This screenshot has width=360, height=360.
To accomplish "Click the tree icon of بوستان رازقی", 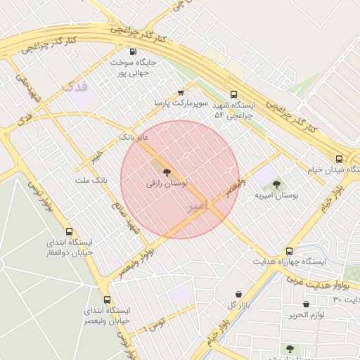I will click(167, 172).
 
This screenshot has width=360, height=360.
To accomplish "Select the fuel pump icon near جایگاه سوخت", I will click(133, 51).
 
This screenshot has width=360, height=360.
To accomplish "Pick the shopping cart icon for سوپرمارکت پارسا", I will click(181, 92).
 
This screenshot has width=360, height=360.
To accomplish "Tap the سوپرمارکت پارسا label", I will click(182, 103).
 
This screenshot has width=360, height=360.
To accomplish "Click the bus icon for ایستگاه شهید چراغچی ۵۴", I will click(233, 95).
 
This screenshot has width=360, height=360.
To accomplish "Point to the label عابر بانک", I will click(134, 136).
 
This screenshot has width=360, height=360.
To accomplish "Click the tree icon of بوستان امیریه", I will click(276, 184).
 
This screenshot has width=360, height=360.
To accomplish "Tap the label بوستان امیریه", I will click(277, 195).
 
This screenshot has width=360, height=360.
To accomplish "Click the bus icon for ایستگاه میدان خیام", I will click(340, 159).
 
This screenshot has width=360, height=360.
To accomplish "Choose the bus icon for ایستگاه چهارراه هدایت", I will click(289, 251).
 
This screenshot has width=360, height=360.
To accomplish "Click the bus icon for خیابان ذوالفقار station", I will click(69, 231).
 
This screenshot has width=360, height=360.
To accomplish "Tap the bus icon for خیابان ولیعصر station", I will click(107, 300).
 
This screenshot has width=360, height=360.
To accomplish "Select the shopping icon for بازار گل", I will click(238, 294).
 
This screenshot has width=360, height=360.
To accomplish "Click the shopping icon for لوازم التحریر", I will click(306, 304).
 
